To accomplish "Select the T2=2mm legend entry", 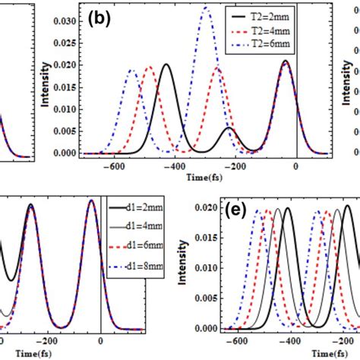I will pyautogui.click(x=272, y=16).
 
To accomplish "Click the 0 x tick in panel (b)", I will pyautogui.click(x=296, y=169).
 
